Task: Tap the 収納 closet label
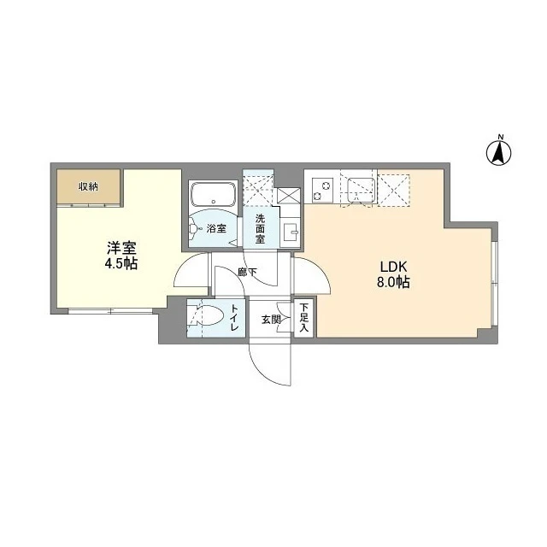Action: point(88,187)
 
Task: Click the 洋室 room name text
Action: point(121,248)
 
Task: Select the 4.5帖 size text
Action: point(121,264)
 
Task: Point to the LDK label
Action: point(393,268)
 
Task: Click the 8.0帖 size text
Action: point(393,282)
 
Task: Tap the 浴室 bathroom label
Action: point(216,229)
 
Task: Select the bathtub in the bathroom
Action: point(213,194)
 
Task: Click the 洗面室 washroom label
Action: point(260,229)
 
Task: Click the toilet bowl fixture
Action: point(207,315)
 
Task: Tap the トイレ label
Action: point(233,318)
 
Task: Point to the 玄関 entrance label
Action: point(272,319)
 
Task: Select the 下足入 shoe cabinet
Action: point(304,317)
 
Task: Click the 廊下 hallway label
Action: point(247,272)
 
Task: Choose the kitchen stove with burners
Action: point(322,190)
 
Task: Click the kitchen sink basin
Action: point(362,190)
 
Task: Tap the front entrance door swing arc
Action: point(266,369)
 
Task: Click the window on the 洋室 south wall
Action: point(110,311)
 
